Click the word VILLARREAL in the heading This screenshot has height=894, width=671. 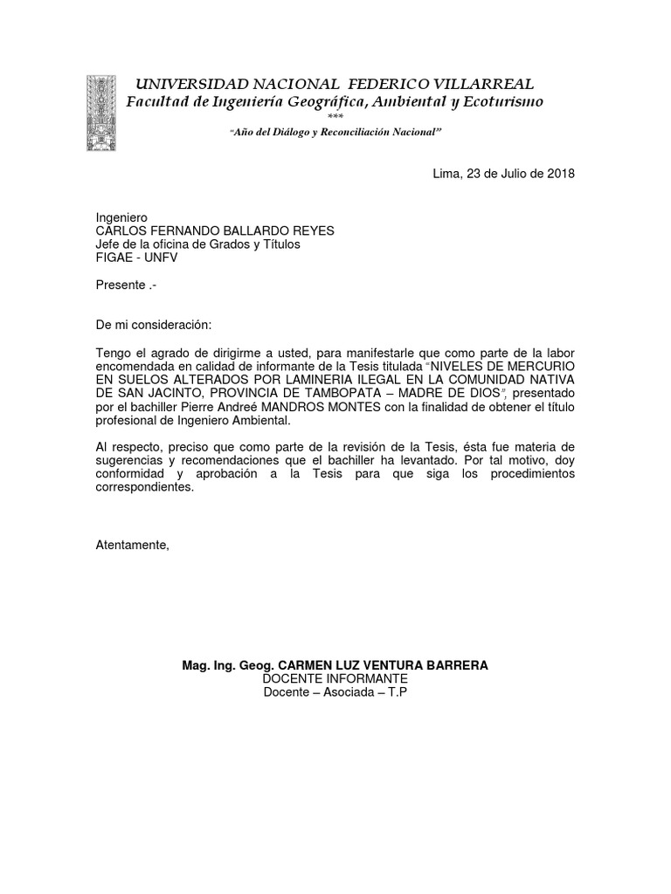(487, 84)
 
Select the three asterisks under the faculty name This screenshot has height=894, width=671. (335, 117)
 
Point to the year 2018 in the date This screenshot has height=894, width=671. (561, 173)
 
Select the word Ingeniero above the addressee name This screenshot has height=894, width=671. (121, 217)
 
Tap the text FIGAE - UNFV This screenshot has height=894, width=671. (140, 258)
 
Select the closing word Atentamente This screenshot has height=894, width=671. (132, 545)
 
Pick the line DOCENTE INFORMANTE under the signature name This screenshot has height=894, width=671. (335, 678)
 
